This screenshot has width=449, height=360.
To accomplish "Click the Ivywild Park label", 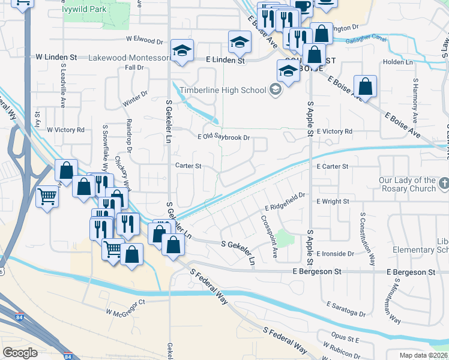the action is pos(85,10).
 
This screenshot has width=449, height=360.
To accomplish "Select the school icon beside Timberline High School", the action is pos(276,91).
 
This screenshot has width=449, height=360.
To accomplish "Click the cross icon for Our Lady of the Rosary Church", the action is pos(443,181).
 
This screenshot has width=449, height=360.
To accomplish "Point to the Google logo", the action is pos(20,353).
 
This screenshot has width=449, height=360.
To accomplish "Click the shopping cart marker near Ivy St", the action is pos(47,196).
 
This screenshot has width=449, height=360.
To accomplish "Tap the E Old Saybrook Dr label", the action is pos(223,137).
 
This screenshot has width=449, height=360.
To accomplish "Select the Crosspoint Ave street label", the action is pos(268,236).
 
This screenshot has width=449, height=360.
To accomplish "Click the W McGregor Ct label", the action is pos(125,312).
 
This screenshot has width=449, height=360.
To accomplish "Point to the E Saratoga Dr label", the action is pos(345,314).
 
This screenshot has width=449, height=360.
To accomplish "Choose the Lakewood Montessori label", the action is pos(128,58).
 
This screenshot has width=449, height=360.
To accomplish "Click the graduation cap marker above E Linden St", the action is pos(240,41).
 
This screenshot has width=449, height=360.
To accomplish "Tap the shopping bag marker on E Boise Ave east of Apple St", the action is pos(364,86).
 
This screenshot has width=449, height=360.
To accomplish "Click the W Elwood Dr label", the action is pos(144,41).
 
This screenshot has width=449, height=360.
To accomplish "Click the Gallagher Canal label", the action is pos(367,40).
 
